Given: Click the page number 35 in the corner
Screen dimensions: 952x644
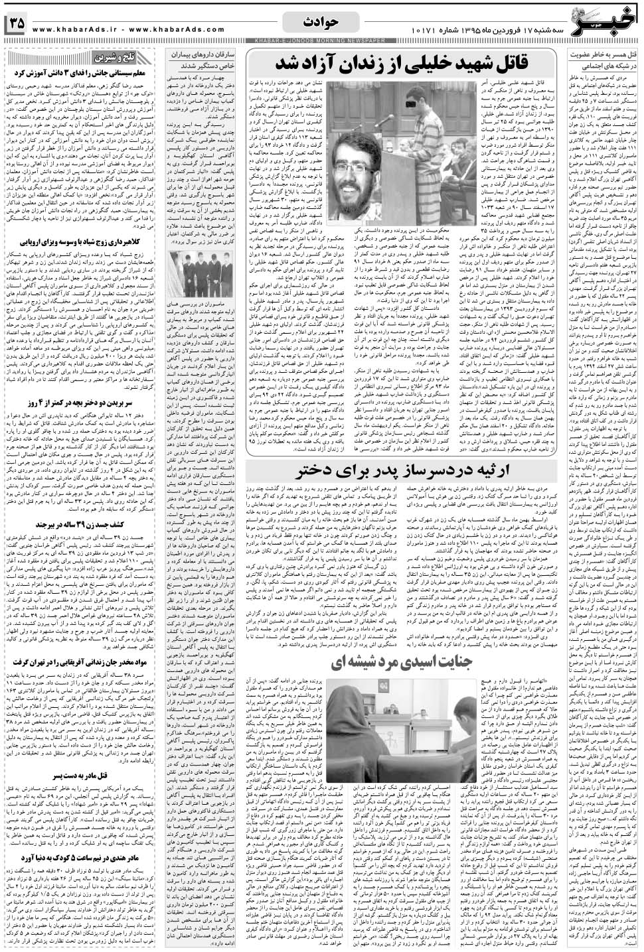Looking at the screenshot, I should pos(17,23).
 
